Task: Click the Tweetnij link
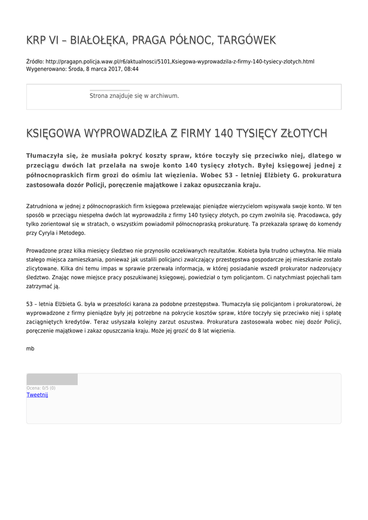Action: [37, 395]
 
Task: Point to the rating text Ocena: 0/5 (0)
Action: [41, 388]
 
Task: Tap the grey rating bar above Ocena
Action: [52, 379]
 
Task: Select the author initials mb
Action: [30, 349]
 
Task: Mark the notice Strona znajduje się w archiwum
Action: [134, 95]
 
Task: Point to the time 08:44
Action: [131, 69]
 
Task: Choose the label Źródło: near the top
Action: [35, 61]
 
